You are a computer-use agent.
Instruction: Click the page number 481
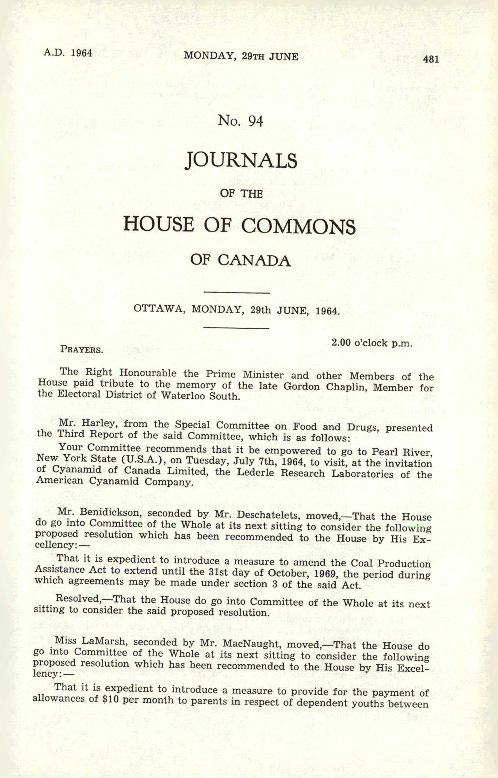click(x=430, y=59)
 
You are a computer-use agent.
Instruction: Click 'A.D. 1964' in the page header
click(x=68, y=53)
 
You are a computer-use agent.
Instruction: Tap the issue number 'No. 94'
click(x=241, y=121)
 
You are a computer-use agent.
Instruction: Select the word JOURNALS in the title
click(x=241, y=161)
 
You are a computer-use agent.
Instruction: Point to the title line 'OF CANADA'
click(x=240, y=260)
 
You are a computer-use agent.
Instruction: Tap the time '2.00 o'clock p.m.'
click(x=372, y=343)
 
